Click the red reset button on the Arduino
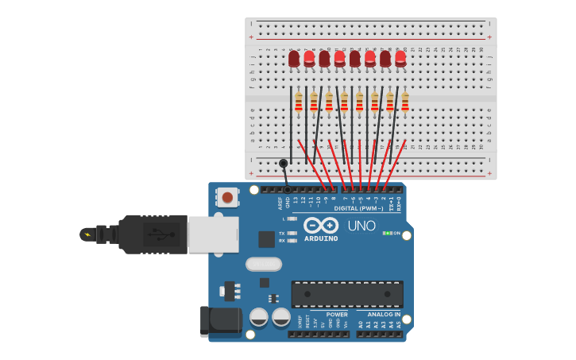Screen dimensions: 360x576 click(x=227, y=197)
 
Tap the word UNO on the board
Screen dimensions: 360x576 click(x=361, y=226)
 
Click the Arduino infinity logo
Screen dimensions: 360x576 click(x=320, y=225)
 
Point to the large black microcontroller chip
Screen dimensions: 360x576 click(x=347, y=294)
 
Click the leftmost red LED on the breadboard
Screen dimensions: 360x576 click(x=294, y=59)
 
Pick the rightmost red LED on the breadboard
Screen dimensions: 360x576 click(x=400, y=58)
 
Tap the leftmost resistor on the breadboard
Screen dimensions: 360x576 click(x=299, y=103)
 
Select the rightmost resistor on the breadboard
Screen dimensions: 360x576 click(x=405, y=103)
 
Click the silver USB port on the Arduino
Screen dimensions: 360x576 click(x=213, y=234)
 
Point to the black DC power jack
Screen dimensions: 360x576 click(x=220, y=320)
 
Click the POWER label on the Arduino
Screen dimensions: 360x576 click(x=337, y=315)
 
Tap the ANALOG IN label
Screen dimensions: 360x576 click(x=384, y=315)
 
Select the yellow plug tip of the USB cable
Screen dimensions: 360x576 click(x=87, y=234)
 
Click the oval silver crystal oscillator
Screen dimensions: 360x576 click(x=264, y=264)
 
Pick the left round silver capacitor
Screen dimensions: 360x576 click(x=259, y=317)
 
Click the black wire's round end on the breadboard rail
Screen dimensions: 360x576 click(x=284, y=163)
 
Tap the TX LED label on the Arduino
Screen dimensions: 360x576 click(x=282, y=233)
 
